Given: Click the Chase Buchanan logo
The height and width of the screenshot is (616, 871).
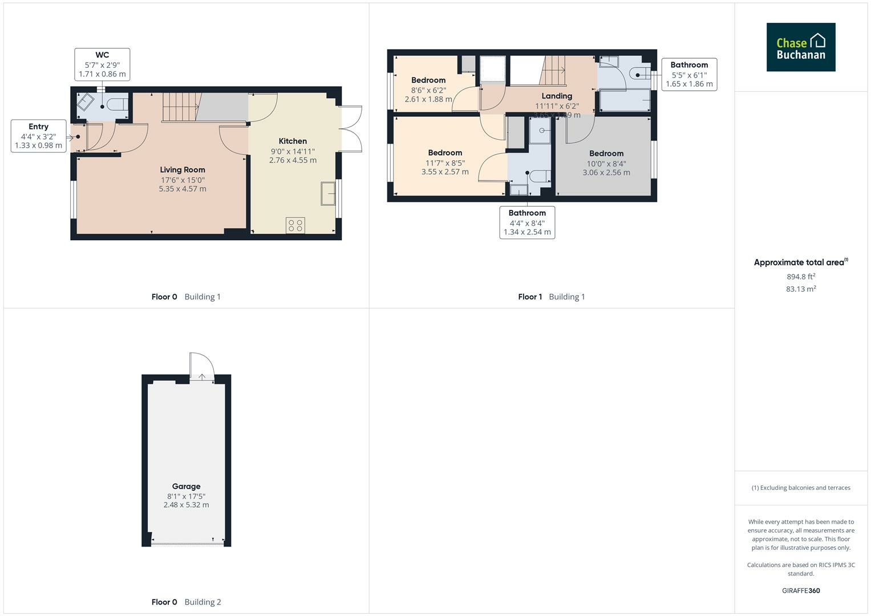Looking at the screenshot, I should pos(800,47).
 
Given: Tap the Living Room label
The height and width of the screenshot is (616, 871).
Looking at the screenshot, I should pos(183,170).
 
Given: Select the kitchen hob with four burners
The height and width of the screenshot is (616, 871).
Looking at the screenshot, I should pos(295,225).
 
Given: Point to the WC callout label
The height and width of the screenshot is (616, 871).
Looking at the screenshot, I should pos(102,64).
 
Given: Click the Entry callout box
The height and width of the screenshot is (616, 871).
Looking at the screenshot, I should pos(39,136).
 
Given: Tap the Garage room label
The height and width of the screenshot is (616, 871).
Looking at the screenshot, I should pos(186,487).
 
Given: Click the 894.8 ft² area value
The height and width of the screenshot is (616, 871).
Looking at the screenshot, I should pos(801,277).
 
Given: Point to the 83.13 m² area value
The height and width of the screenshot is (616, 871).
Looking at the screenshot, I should pos(801,289).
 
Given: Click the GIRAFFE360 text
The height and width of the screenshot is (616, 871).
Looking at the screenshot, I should pos(801,591).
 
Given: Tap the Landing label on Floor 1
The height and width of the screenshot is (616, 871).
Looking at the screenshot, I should pos(557,96).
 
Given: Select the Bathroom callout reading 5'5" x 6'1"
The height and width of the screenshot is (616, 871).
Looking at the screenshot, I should pos(689,74).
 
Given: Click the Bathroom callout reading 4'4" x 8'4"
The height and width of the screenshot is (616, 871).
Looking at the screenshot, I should pos(527,222).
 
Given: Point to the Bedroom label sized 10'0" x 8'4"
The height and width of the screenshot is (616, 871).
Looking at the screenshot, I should pos(606,153).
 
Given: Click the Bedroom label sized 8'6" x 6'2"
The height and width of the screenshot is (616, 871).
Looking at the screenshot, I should pos(428,80).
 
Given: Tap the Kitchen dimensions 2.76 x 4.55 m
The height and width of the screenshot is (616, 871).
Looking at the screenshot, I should pos(293,160).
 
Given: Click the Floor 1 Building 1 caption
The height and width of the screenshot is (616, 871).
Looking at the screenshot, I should pos(551,297).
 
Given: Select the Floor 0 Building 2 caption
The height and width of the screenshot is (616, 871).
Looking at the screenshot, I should pos(186,602).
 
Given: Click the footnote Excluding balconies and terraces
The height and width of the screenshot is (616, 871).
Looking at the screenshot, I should pos(801,488).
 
